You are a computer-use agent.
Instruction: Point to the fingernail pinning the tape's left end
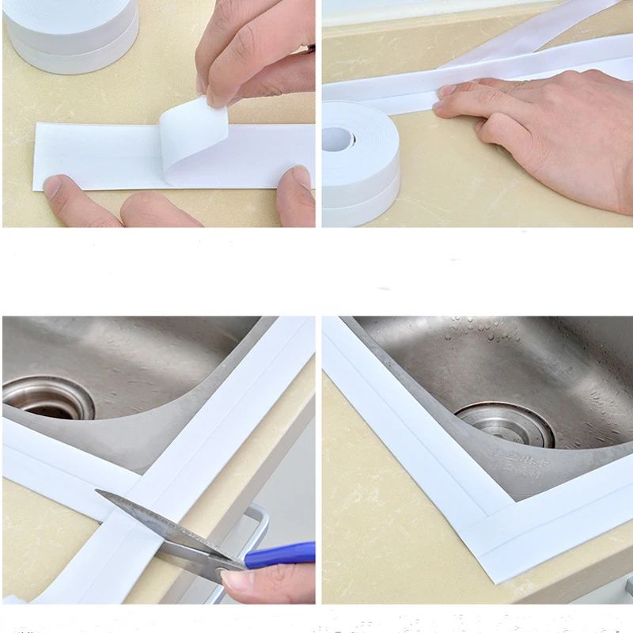coord(52,187)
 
